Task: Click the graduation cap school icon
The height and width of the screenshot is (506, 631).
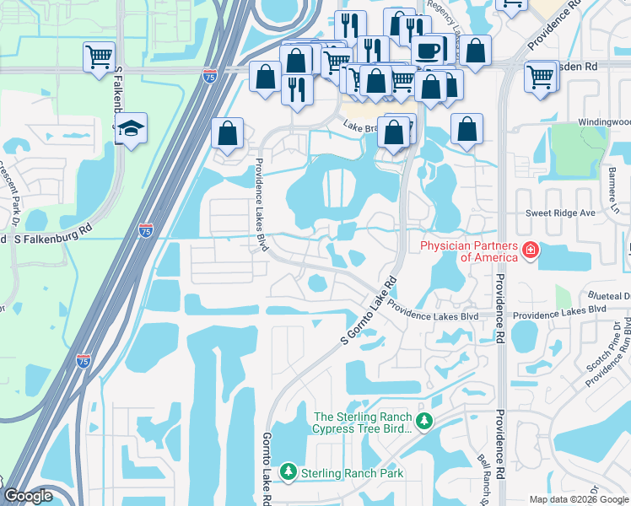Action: pyautogui.click(x=131, y=128)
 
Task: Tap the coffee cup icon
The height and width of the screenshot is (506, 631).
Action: pyautogui.click(x=428, y=49)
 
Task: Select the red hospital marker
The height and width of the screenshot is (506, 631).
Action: pyautogui.click(x=530, y=250)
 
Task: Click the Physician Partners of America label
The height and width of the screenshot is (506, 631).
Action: pyautogui.click(x=469, y=250)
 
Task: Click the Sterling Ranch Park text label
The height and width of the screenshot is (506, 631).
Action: pyautogui.click(x=353, y=472)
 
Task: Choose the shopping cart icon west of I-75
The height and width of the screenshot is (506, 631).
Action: pyautogui.click(x=99, y=57)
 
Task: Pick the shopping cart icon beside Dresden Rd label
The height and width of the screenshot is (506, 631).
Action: pyautogui.click(x=540, y=77)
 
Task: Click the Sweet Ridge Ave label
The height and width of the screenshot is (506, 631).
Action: pyautogui.click(x=561, y=213)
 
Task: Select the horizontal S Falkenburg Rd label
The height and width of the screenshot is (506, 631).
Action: pyautogui.click(x=52, y=240)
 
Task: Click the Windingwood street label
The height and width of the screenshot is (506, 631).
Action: pyautogui.click(x=604, y=122)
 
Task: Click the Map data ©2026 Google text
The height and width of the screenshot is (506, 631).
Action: pyautogui.click(x=577, y=499)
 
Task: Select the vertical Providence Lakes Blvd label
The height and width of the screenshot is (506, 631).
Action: pyautogui.click(x=261, y=206)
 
